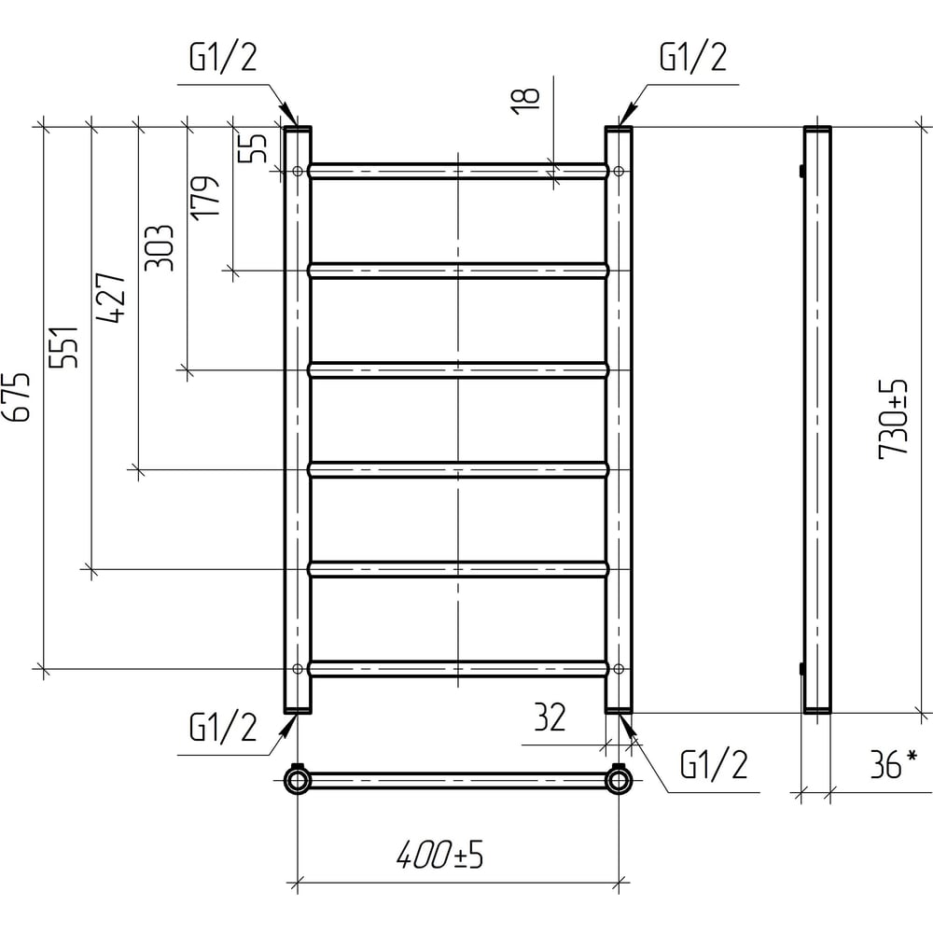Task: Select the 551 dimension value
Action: (63, 347)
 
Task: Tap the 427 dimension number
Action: (111, 298)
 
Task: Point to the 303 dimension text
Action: (159, 248)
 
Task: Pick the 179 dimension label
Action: (206, 198)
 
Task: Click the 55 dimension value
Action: (253, 147)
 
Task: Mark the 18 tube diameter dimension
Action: (525, 101)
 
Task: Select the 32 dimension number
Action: (550, 717)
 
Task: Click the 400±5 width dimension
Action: (439, 855)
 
